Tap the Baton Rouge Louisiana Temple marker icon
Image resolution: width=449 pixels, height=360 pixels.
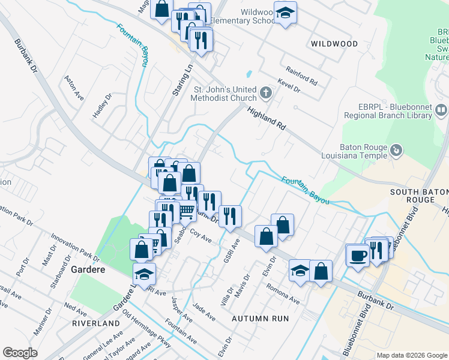pos(396,149)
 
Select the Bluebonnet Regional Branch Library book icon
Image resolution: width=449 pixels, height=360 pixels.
pos(441,110)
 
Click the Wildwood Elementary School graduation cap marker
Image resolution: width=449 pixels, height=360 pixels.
pos(285,13)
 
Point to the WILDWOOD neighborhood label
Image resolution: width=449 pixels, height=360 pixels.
pos(334,44)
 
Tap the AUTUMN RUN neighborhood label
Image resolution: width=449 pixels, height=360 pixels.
pos(261,319)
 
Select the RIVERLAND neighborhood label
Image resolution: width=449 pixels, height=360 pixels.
pos(96,323)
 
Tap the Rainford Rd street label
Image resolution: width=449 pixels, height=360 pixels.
pos(301,76)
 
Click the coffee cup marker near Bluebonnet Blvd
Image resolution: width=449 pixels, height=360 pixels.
pos(358,256)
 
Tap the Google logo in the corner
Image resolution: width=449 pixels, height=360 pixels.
pos(20,353)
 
